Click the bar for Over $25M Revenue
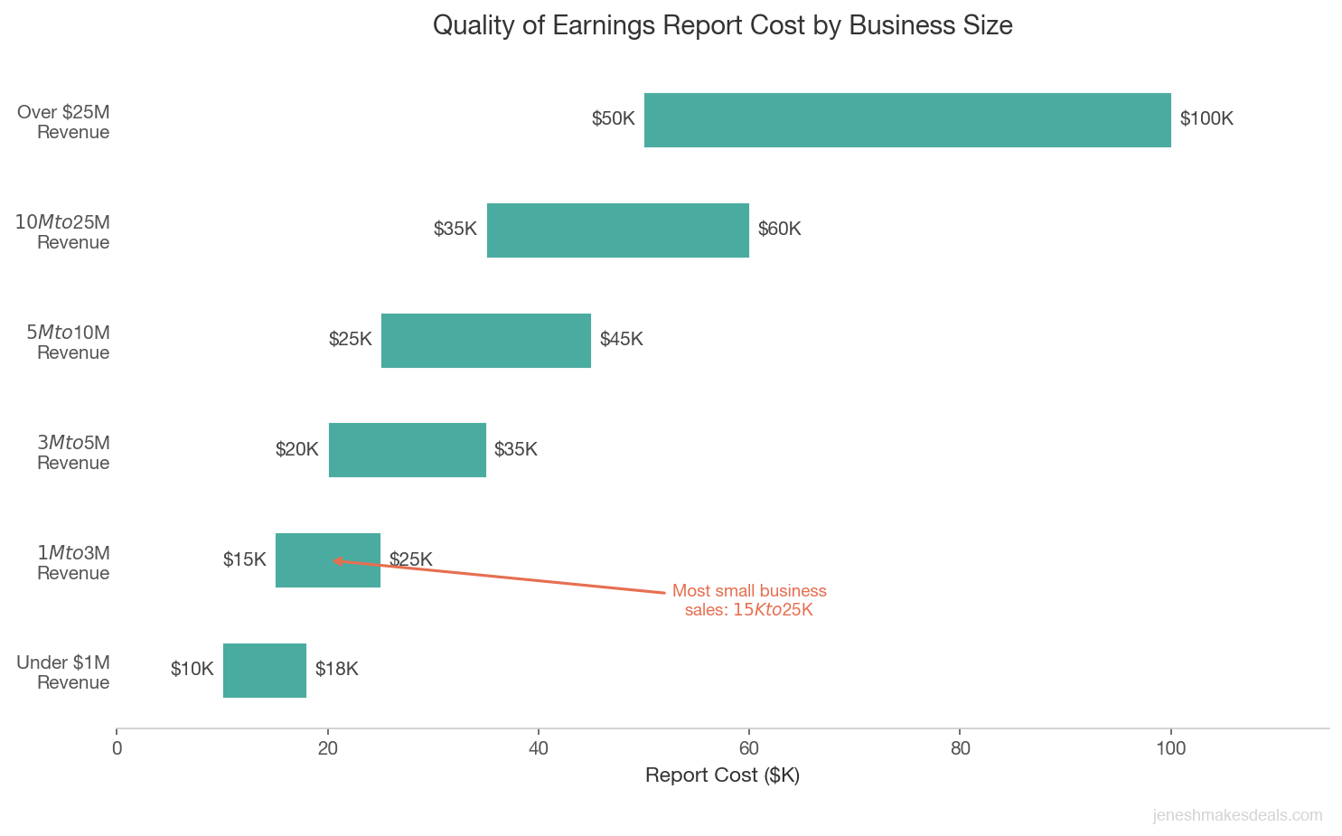click(907, 120)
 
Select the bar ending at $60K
click(618, 230)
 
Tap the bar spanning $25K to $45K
click(486, 341)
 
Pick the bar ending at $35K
click(408, 450)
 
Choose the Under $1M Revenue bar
click(265, 671)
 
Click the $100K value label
click(1206, 119)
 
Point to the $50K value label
click(614, 119)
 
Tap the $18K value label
click(337, 670)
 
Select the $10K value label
click(192, 670)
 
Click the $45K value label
click(622, 340)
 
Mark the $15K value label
click(245, 560)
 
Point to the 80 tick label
click(961, 748)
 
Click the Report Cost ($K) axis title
click(722, 775)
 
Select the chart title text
click(722, 25)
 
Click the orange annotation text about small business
click(749, 600)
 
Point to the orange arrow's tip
click(334, 560)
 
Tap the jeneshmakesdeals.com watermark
click(1237, 815)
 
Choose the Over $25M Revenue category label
click(64, 122)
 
